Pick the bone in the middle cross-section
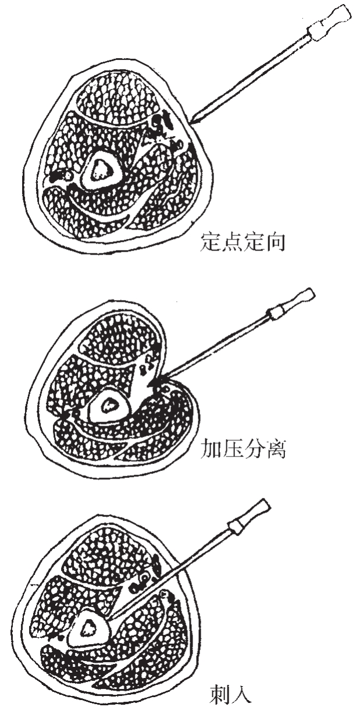(108, 406)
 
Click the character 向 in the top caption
(275, 242)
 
